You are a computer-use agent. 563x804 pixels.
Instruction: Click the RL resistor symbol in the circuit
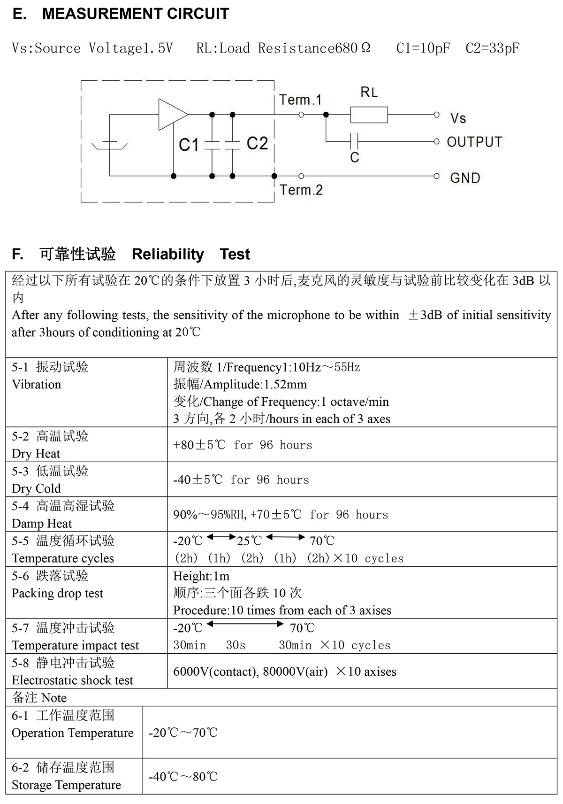click(369, 115)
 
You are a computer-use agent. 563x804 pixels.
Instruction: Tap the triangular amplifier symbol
click(172, 114)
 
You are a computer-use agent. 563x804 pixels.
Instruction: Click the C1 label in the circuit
click(189, 145)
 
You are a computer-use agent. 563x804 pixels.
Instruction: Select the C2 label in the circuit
click(257, 143)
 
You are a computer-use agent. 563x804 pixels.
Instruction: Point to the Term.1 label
click(300, 100)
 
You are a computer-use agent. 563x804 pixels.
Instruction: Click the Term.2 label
click(301, 190)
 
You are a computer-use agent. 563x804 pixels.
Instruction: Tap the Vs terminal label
click(458, 118)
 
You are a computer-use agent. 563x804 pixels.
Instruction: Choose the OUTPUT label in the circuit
click(474, 142)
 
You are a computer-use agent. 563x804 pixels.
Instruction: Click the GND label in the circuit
click(465, 178)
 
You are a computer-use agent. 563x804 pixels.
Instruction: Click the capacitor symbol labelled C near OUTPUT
click(355, 140)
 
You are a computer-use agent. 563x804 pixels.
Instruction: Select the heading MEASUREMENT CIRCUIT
click(135, 14)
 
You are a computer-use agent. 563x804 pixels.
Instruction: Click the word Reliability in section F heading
click(167, 254)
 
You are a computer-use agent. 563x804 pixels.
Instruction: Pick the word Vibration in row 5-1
click(37, 385)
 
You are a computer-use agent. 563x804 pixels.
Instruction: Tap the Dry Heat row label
click(36, 454)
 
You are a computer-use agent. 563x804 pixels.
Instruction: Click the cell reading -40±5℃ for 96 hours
click(241, 479)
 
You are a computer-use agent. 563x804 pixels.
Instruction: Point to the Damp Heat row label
click(42, 524)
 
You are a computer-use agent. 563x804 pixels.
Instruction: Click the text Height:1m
click(201, 576)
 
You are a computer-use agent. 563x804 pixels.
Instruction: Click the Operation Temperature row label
click(73, 733)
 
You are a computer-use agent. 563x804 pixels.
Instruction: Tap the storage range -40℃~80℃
click(183, 777)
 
